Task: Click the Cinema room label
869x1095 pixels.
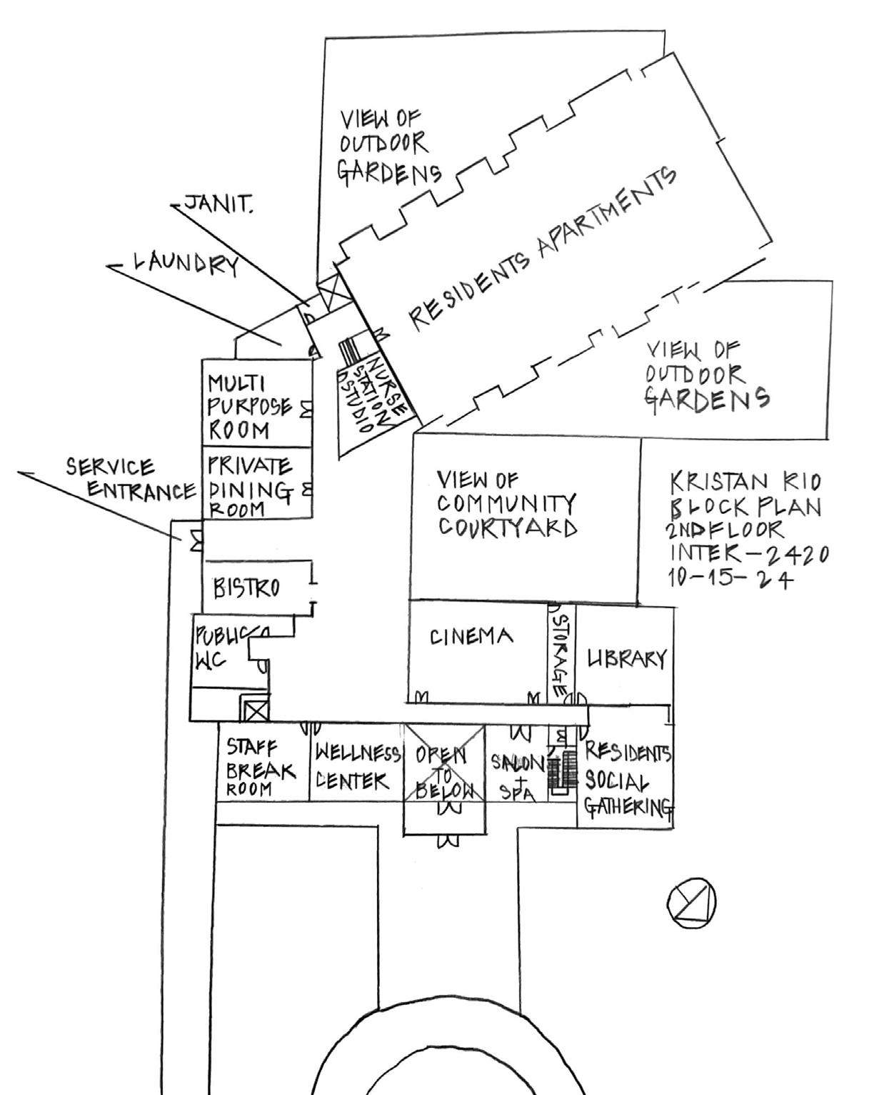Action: click(471, 636)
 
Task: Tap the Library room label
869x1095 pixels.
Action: click(626, 658)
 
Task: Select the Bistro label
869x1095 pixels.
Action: click(247, 588)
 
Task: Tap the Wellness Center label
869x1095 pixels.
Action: click(357, 767)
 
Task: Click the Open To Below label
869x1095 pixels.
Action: click(444, 772)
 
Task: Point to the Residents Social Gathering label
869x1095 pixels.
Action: click(628, 780)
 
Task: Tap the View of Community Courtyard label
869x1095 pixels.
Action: click(508, 504)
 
